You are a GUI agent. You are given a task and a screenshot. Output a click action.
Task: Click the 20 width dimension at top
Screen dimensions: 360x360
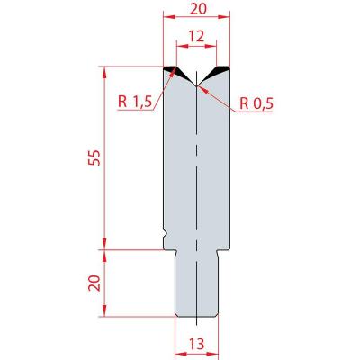pyautogui.click(x=199, y=9)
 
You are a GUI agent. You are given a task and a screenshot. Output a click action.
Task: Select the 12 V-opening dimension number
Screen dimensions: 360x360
pyautogui.click(x=196, y=37)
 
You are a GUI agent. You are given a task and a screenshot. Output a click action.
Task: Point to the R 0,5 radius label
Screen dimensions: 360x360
pyautogui.click(x=256, y=104)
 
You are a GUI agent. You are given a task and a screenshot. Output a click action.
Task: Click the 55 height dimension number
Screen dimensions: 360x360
pyautogui.click(x=95, y=157)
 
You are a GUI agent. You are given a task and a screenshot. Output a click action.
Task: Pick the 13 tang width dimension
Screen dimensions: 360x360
pyautogui.click(x=196, y=344)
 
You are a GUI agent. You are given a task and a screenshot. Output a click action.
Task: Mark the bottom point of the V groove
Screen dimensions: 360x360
pyautogui.click(x=196, y=85)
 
